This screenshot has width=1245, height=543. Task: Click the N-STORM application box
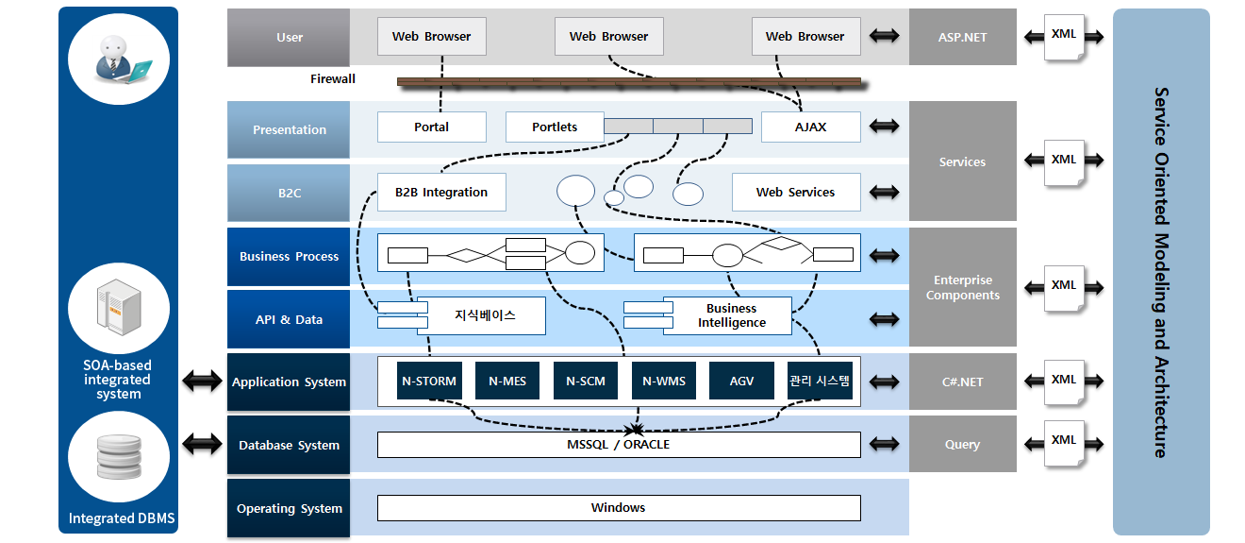tap(429, 382)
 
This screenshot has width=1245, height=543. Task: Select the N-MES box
tap(507, 382)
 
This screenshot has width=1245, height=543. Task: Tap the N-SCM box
tap(586, 382)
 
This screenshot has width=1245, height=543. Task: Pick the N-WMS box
tap(664, 382)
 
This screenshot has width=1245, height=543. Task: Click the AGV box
tap(741, 382)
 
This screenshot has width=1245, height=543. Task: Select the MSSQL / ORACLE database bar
tap(619, 445)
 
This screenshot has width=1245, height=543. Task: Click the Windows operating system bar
tap(619, 508)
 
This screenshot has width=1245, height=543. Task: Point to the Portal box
tap(432, 127)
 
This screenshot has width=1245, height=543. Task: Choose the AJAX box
tap(810, 127)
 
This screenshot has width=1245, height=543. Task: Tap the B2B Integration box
tap(441, 193)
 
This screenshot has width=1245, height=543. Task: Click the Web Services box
tap(796, 193)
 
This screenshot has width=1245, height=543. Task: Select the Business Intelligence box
tap(732, 315)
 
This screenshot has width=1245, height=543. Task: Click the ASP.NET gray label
tap(962, 38)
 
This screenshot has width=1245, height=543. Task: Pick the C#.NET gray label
tap(962, 382)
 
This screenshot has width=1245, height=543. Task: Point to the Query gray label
tap(962, 444)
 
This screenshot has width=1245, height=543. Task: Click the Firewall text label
tap(333, 79)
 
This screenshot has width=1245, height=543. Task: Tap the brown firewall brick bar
tap(629, 82)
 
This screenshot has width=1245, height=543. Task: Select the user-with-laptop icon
tap(119, 58)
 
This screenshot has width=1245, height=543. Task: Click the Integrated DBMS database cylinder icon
tap(119, 457)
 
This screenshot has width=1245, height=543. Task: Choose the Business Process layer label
tap(289, 256)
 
